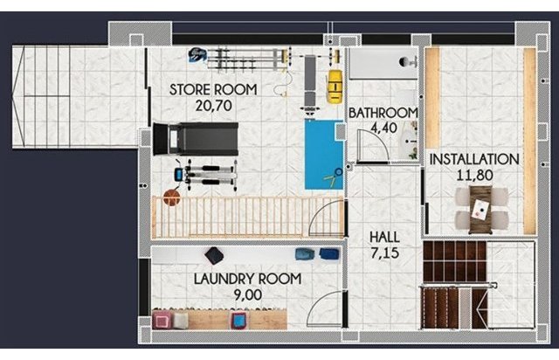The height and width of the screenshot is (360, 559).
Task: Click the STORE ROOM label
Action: pyautogui.click(x=213, y=89)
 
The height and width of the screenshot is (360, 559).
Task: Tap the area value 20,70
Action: pyautogui.click(x=213, y=106)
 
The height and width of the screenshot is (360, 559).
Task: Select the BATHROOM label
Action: pyautogui.click(x=383, y=113)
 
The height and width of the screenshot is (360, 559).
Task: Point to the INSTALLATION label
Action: pyautogui.click(x=474, y=159)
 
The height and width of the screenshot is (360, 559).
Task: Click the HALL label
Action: pyautogui.click(x=384, y=238)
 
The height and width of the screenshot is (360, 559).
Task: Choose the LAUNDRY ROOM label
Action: pyautogui.click(x=248, y=279)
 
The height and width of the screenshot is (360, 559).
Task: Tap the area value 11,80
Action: pyautogui.click(x=475, y=175)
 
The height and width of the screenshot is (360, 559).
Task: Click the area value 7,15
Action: pyautogui.click(x=384, y=253)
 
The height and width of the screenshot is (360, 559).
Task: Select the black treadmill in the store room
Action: pyautogui.click(x=196, y=139)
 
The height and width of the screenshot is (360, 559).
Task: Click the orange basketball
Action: pyautogui.click(x=172, y=197)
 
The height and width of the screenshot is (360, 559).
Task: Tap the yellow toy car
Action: pyautogui.click(x=335, y=87)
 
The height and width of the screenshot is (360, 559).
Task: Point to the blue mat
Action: pyautogui.click(x=324, y=155)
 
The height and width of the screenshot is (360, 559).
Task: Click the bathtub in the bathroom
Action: pyautogui.click(x=383, y=64)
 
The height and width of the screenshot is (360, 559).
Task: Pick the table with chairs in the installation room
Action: pyautogui.click(x=480, y=210)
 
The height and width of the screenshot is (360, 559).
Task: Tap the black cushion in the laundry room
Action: pyautogui.click(x=214, y=255)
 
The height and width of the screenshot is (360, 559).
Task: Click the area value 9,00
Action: pyautogui.click(x=248, y=295)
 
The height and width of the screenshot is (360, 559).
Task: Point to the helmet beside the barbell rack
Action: pyautogui.click(x=197, y=54)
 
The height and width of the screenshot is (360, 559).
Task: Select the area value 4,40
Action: pyautogui.click(x=384, y=128)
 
